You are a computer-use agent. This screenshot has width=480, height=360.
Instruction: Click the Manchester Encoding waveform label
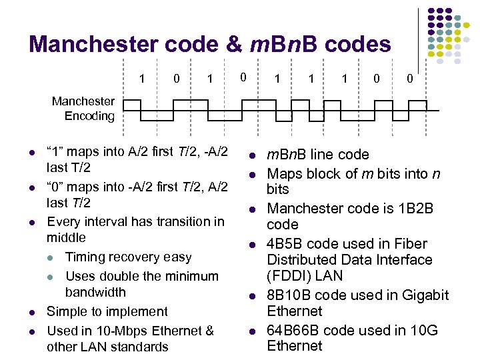point(83,109)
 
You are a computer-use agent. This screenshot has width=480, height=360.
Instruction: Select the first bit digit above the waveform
point(142,79)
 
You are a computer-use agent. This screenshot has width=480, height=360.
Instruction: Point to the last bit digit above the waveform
point(410,79)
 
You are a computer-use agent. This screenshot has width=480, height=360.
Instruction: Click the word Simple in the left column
point(67,311)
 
